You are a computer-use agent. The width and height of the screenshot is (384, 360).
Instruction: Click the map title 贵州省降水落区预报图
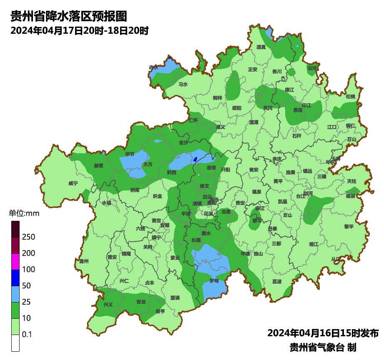click(68, 17)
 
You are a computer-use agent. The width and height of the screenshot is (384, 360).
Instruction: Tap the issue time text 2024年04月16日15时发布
click(323, 333)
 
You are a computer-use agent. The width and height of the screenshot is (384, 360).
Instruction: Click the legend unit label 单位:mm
click(24, 214)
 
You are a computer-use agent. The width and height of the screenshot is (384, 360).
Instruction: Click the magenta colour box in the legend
click(15, 262)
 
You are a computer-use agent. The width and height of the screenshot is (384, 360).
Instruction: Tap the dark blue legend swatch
click(15, 278)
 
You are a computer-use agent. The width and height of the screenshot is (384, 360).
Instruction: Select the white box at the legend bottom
click(15, 343)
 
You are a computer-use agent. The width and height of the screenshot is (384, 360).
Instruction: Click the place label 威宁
click(73, 183)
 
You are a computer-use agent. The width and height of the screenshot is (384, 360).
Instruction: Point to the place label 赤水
click(153, 67)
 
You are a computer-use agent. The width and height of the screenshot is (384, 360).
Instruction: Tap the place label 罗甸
click(214, 281)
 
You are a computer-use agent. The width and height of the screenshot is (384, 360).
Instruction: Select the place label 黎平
click(349, 226)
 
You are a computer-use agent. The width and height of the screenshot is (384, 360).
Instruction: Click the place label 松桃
click(351, 97)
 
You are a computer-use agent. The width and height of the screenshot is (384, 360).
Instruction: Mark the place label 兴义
click(108, 305)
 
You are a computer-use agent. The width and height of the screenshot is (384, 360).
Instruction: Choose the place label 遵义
click(221, 127)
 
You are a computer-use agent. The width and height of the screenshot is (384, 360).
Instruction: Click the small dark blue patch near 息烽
click(195, 159)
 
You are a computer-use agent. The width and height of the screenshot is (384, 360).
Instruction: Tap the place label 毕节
click(130, 154)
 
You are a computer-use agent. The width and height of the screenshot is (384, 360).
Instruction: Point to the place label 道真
click(261, 47)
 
